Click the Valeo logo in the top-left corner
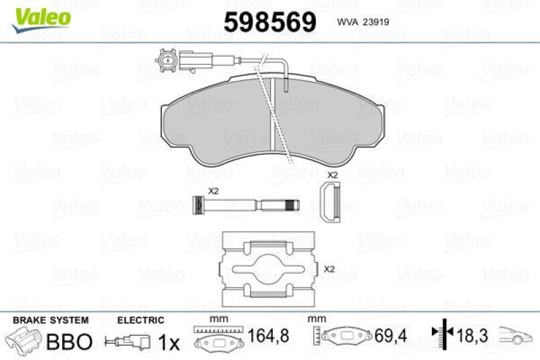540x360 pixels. click(x=38, y=15)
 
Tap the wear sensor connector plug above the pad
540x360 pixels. click(x=166, y=62)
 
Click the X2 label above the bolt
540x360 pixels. click(x=213, y=191)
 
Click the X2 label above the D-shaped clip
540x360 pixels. click(x=332, y=175)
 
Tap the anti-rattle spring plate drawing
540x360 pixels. click(x=269, y=269)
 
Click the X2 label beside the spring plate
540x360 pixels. click(x=329, y=269)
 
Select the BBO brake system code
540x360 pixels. click(x=67, y=342)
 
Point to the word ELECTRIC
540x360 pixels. click(x=140, y=320)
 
